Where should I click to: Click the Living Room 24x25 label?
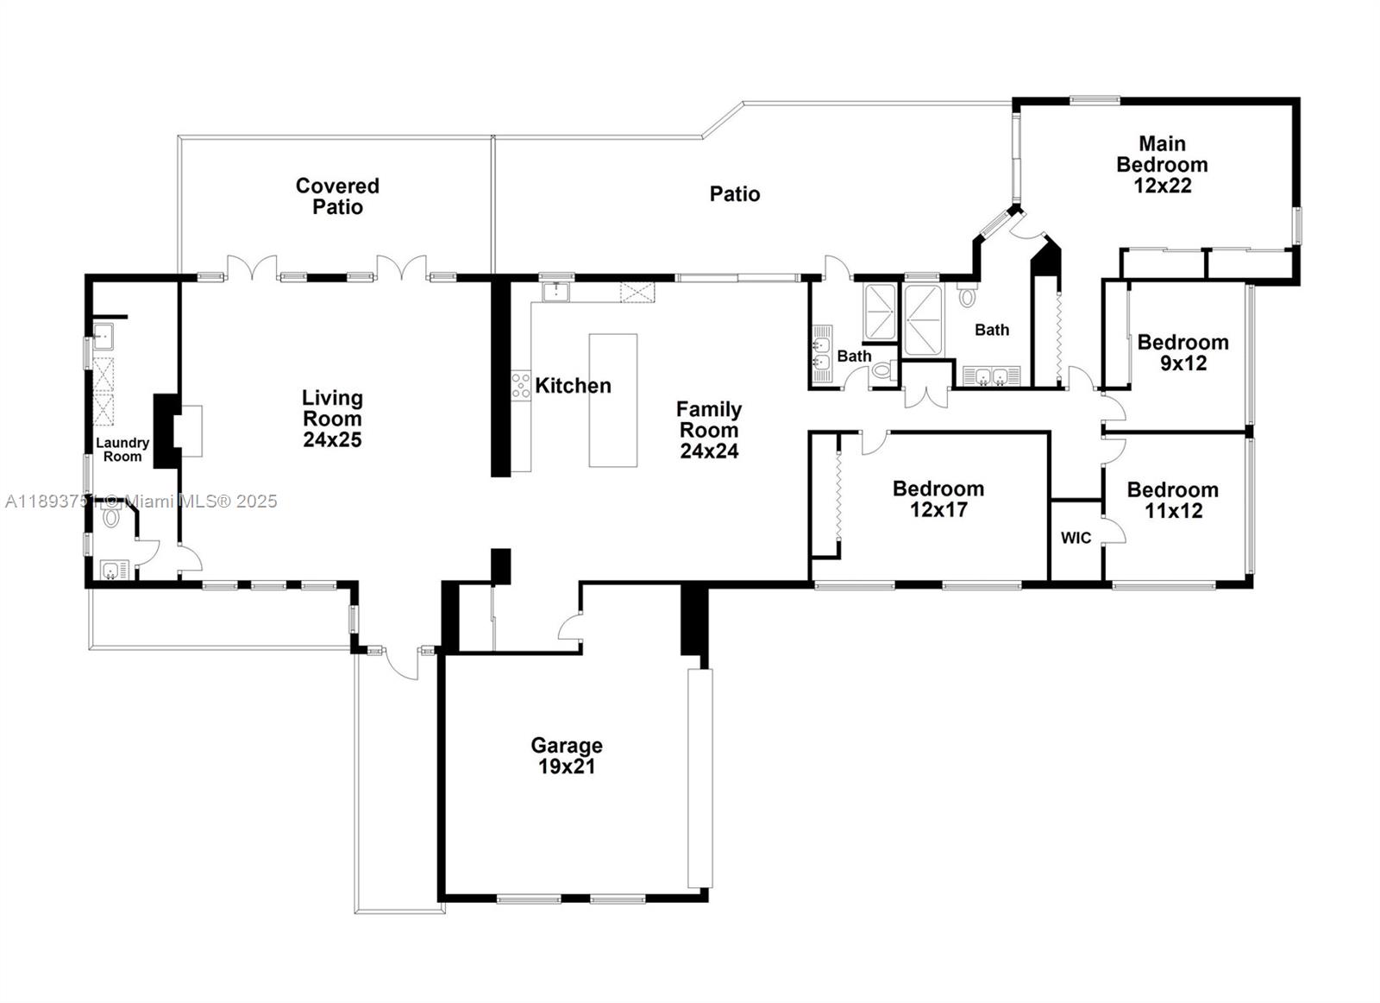tap(332, 419)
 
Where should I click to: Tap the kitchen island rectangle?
tap(612, 400)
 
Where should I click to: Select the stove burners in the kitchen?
tap(520, 385)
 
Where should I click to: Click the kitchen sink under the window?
tap(555, 291)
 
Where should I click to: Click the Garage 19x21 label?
tap(567, 755)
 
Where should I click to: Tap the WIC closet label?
tap(1076, 538)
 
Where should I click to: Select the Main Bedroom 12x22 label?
tap(1162, 164)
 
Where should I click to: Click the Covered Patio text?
tap(337, 196)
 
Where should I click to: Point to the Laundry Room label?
tap(122, 449)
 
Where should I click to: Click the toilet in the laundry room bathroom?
tap(110, 518)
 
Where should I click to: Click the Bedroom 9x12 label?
tap(1182, 352)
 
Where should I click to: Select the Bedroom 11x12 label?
tap(1172, 500)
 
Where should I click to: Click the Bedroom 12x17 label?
tap(938, 499)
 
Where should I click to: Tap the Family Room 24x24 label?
tap(709, 429)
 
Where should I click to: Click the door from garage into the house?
tap(569, 628)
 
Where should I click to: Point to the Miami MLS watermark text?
tap(141, 501)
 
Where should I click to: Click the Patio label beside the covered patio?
tap(735, 194)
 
